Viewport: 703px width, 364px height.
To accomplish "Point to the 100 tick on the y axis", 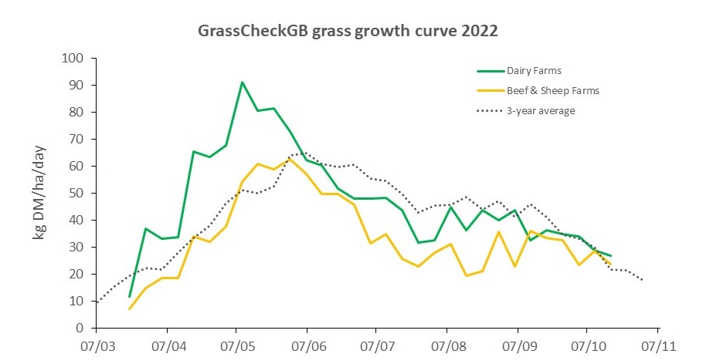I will pos(73,58).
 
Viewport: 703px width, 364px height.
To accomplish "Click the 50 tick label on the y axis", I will pos(76,193).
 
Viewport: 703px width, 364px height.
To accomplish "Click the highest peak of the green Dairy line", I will pos(243,82).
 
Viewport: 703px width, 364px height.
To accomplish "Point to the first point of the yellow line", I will pos(130,308).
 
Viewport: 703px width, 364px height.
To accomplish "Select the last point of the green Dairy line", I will pos(611,255).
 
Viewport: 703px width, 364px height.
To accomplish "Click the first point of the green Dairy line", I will pos(130,296).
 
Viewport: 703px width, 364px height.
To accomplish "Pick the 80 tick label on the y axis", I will pos(76,112).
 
